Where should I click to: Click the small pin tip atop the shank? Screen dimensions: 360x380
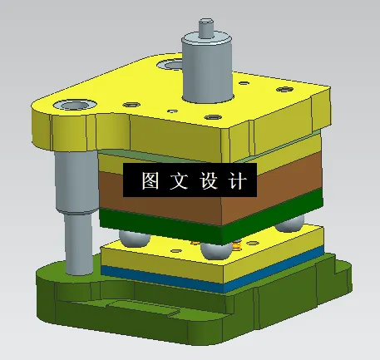[x=203, y=27]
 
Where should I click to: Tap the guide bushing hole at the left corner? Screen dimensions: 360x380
[x=67, y=106]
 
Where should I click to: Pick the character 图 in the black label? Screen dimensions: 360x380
[x=151, y=181]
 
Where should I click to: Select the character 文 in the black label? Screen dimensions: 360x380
[x=179, y=181]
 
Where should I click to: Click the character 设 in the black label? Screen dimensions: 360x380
[x=208, y=181]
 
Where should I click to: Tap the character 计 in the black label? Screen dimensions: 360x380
[x=236, y=181]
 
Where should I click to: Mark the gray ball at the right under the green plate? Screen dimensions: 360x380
[x=289, y=224]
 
